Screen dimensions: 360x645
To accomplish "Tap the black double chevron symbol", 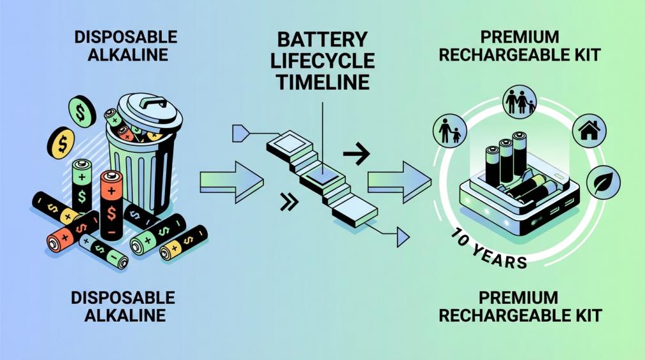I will tap(290, 203).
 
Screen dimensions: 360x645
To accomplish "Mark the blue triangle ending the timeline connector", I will tap(401, 237).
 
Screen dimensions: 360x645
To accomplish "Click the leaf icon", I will tap(602, 183).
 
